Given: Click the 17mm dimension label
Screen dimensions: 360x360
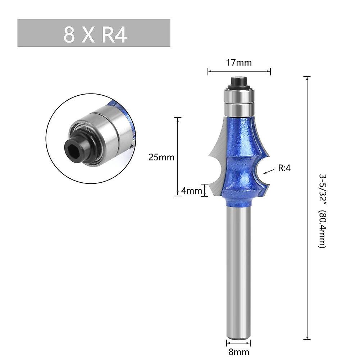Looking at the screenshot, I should pos(239,63).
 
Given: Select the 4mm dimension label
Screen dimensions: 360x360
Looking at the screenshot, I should pos(192,191).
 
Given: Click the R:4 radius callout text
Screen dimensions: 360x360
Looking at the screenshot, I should pos(284,168).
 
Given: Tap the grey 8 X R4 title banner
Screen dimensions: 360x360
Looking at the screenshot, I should pos(94,33).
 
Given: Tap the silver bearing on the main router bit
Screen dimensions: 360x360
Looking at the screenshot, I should pos(238,101).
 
